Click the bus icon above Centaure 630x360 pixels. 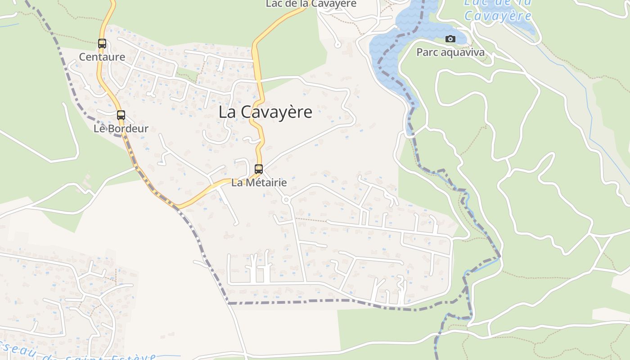click(102, 44)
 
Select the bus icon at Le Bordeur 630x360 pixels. click(121, 115)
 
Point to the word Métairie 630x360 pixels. click(265, 183)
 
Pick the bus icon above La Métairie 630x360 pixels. click(259, 169)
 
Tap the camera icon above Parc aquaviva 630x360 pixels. click(450, 39)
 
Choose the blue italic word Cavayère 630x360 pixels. click(498, 16)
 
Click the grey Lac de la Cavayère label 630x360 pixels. click(311, 4)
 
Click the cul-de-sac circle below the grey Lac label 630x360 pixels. click(337, 45)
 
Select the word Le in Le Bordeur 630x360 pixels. click(99, 129)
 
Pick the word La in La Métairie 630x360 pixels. click(237, 183)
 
